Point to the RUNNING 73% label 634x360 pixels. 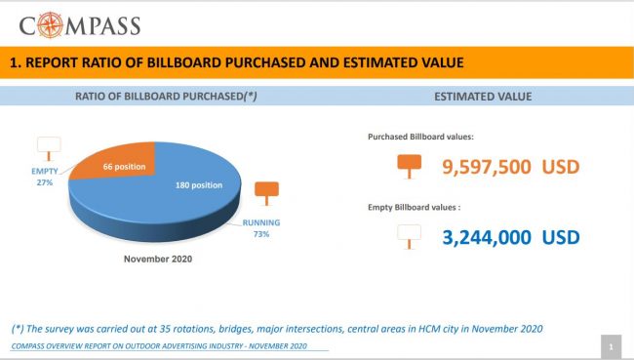pos(261,228)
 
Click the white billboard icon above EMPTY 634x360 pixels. pos(49,148)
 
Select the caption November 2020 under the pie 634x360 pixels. pos(157,260)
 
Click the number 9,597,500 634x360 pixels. pos(486,167)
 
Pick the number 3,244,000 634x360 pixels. pos(486,237)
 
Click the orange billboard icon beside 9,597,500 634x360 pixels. pos(409,167)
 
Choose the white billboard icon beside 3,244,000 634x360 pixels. pos(409,235)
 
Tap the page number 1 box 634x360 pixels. pos(610,346)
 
